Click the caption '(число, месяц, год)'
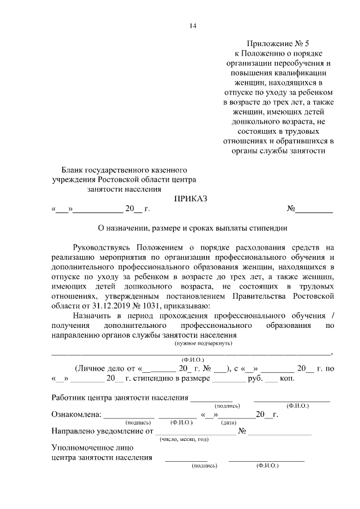point(184,439)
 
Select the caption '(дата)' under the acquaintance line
point(228,422)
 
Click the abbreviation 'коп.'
point(287,379)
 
